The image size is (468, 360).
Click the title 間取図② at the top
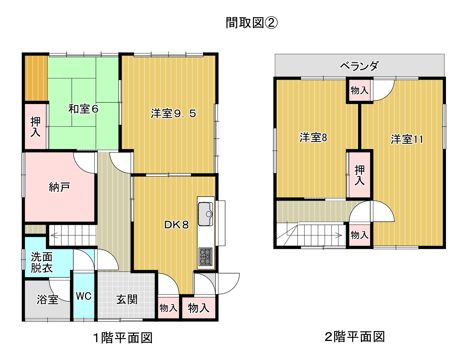click(x=252, y=23)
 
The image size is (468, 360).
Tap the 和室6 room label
click(x=83, y=109)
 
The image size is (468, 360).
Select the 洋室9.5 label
click(x=174, y=113)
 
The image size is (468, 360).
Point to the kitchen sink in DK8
click(x=206, y=214)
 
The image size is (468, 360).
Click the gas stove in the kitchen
click(x=206, y=257)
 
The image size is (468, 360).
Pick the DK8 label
click(x=176, y=225)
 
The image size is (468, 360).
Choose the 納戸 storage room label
click(x=59, y=187)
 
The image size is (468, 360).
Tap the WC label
click(x=84, y=296)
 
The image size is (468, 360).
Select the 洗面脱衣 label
click(x=42, y=262)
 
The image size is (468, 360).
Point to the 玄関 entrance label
click(x=127, y=299)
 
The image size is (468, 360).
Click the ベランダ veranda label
click(x=359, y=66)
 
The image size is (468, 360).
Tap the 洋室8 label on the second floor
click(x=313, y=137)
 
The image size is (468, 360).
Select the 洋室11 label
click(x=407, y=139)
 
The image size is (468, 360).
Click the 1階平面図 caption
click(x=123, y=337)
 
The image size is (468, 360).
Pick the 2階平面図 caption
click(x=355, y=337)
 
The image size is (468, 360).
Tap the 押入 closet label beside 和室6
click(x=35, y=126)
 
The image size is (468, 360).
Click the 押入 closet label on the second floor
click(x=360, y=175)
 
